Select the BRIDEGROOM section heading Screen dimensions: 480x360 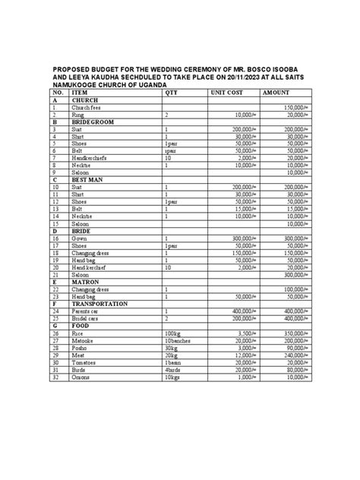(94, 122)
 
